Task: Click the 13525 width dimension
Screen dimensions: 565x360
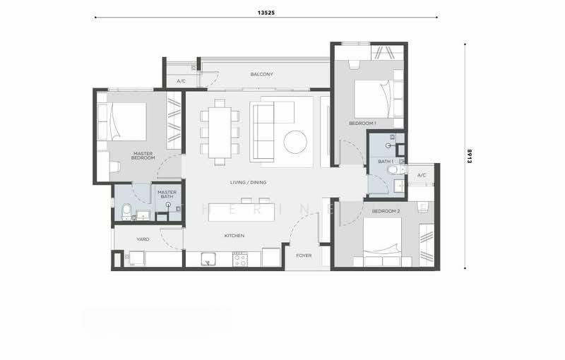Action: point(266,13)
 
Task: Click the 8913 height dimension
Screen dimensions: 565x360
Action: point(469,156)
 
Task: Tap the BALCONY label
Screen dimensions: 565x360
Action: point(262,74)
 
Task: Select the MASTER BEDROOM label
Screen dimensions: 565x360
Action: point(143,156)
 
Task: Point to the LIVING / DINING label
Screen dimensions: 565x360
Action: point(249,183)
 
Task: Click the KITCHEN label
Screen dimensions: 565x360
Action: point(234,236)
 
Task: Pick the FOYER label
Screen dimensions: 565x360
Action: point(304,256)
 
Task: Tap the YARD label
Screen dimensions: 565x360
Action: point(143,239)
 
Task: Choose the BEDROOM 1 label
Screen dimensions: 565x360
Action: point(362,123)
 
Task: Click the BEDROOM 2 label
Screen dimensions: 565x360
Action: point(386,211)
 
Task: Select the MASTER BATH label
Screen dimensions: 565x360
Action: point(167,194)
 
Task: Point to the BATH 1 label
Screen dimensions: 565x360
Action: point(386,162)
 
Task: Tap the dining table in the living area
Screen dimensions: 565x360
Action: point(220,133)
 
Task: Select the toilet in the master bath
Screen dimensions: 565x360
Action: point(126,212)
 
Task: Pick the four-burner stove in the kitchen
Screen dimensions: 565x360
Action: point(239,259)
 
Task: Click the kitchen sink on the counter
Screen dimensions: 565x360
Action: point(207,259)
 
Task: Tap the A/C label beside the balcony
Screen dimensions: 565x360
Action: point(182,81)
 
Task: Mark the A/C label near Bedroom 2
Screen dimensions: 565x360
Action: point(422,175)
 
